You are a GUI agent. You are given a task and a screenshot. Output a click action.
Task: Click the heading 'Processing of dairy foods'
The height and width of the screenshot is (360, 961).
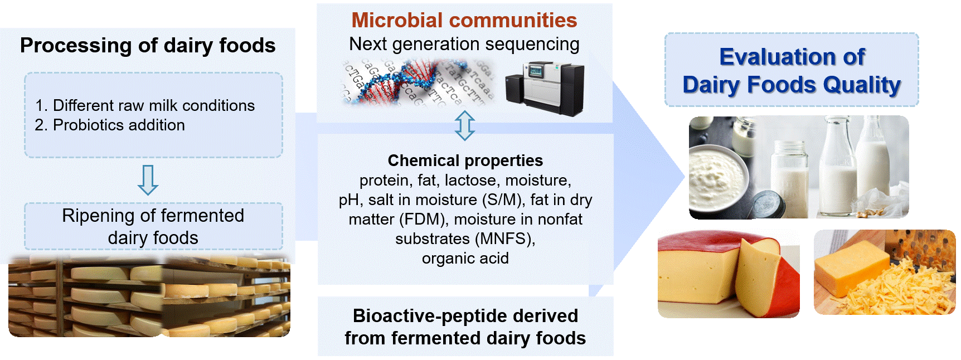148,46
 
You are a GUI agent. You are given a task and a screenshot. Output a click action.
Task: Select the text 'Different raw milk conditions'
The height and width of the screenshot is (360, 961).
153,105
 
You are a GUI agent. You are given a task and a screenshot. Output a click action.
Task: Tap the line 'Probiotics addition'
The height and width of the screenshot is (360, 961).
119,125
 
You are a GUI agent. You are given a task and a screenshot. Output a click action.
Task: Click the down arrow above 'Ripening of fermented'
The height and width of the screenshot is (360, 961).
148,179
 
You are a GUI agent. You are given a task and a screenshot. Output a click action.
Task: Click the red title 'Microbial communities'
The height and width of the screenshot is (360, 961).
464,20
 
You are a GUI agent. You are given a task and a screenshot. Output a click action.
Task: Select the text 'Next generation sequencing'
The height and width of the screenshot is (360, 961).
464,44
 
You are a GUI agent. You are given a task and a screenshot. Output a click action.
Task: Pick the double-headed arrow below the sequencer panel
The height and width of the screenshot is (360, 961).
464,125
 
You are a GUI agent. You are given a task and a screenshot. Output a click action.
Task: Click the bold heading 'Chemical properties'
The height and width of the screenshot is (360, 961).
465,160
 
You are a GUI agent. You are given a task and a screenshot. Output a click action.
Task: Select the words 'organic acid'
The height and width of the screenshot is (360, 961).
465,258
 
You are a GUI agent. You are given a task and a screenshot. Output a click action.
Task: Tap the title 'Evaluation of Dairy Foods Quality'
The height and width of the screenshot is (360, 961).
792,70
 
